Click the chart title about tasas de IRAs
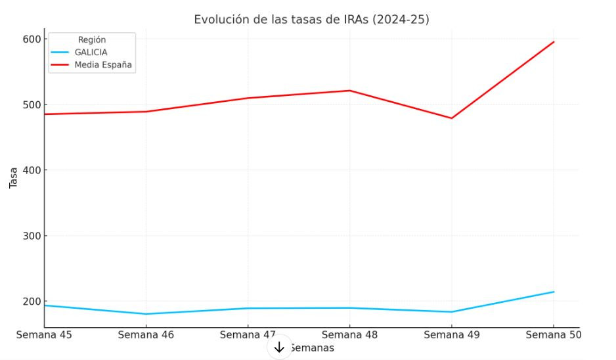[311, 20]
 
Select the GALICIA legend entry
[91, 52]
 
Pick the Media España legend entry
[103, 64]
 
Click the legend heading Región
[92, 40]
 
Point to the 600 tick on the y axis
[31, 39]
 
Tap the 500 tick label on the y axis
[31, 104]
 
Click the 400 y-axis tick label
[31, 170]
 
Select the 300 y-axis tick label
[31, 236]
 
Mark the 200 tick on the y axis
[31, 302]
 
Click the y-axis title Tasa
[13, 177]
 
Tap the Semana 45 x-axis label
[44, 335]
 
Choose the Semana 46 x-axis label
[146, 335]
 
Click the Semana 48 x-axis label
[349, 335]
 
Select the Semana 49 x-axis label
[451, 335]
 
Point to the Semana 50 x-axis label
[553, 335]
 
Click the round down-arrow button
[279, 347]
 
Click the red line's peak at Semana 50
[554, 42]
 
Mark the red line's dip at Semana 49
[452, 118]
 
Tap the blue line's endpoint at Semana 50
[554, 292]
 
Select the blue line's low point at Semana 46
[146, 314]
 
